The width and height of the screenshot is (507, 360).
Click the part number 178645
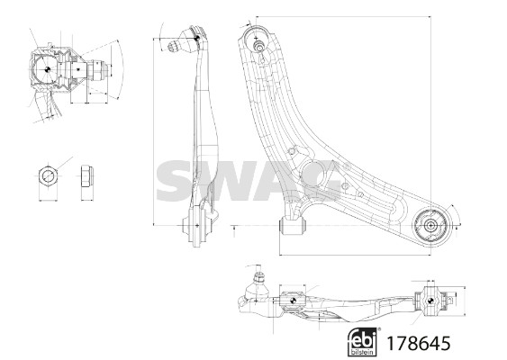click(x=419, y=343)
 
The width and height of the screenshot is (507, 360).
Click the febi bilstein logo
click(x=362, y=342)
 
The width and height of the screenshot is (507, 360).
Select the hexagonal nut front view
click(x=48, y=176)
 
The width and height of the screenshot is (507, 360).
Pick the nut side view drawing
click(x=86, y=176)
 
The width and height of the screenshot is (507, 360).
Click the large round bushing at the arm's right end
click(x=430, y=226)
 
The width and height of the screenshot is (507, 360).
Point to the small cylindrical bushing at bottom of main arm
click(x=293, y=226)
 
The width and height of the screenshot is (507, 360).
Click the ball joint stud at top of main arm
click(x=258, y=45)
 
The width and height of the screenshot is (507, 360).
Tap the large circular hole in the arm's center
click(x=312, y=175)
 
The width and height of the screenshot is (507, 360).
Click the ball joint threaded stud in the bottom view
click(x=258, y=278)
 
